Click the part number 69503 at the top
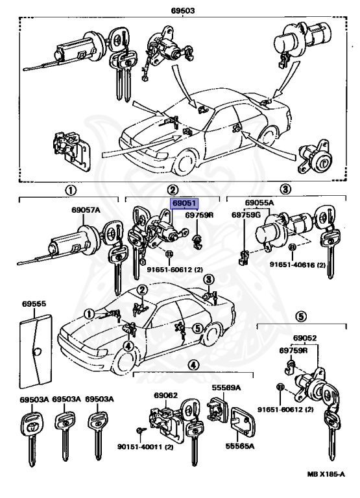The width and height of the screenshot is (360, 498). click(x=183, y=10)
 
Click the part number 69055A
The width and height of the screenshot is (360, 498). click(x=259, y=202)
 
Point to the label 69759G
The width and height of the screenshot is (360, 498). click(x=246, y=215)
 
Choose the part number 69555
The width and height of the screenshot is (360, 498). click(x=34, y=303)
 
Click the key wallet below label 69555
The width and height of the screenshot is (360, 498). click(x=36, y=351)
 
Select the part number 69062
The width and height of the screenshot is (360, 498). click(x=166, y=396)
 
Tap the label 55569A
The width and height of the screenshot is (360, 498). click(x=226, y=388)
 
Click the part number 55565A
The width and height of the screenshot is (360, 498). click(x=240, y=446)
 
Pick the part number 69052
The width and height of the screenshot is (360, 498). click(x=305, y=338)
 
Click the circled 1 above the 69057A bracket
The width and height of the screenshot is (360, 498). click(x=71, y=191)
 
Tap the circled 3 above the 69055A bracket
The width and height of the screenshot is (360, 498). click(x=285, y=189)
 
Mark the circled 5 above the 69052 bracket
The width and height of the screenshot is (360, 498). click(x=301, y=316)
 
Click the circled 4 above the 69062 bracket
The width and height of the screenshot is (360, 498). click(x=193, y=365)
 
